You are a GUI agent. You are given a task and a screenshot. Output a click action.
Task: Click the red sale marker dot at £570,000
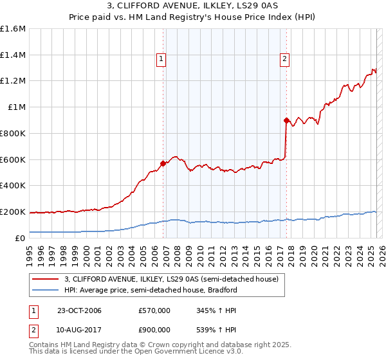tap(163, 163)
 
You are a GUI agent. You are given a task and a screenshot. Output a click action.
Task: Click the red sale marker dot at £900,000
tap(286, 120)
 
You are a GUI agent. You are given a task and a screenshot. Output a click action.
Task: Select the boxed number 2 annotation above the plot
tap(284, 60)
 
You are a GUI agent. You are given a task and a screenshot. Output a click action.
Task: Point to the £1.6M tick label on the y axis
tap(13, 29)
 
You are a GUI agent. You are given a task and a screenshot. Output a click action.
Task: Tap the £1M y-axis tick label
tap(17, 107)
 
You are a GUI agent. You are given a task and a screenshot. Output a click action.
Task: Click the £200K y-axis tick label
tap(13, 212)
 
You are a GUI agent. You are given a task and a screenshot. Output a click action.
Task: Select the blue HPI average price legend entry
tap(151, 290)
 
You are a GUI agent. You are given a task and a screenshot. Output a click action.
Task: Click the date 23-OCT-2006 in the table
tap(79, 311)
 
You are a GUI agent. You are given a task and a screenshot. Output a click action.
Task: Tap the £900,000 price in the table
tap(154, 329)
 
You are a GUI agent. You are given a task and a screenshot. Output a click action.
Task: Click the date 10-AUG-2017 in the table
tap(79, 329)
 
